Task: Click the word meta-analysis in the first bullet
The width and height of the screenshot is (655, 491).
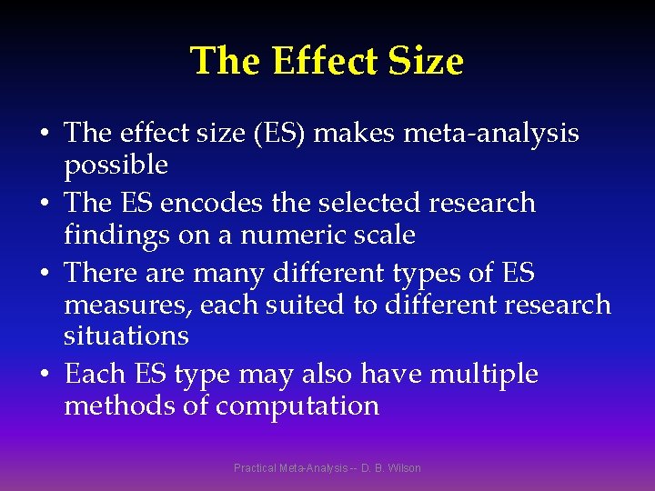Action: click(491, 134)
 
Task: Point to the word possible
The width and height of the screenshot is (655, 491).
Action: click(116, 165)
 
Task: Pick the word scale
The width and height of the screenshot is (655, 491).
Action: click(383, 235)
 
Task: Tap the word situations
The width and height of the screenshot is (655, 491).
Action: click(126, 336)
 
